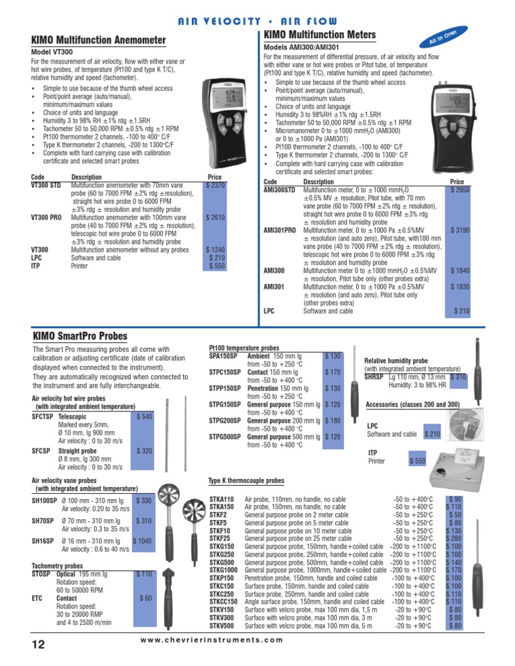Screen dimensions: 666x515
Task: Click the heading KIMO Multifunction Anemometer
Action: coord(99,41)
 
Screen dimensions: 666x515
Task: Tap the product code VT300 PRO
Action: coord(47,218)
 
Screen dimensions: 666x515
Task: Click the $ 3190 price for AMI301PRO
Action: coord(458,230)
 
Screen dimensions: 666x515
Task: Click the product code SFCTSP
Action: coord(43,416)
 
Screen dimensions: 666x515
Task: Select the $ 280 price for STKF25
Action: coord(454,538)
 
